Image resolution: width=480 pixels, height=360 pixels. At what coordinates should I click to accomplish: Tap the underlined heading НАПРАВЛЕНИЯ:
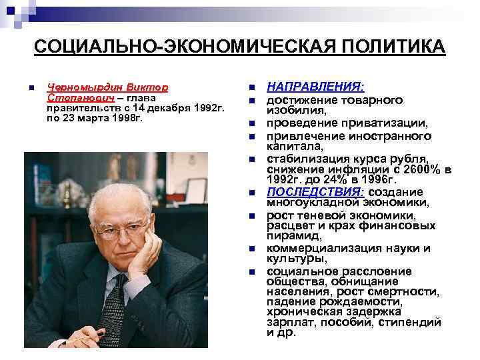coord(315,87)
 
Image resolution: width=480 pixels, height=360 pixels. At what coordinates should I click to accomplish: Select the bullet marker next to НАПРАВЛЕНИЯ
coord(251,88)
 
